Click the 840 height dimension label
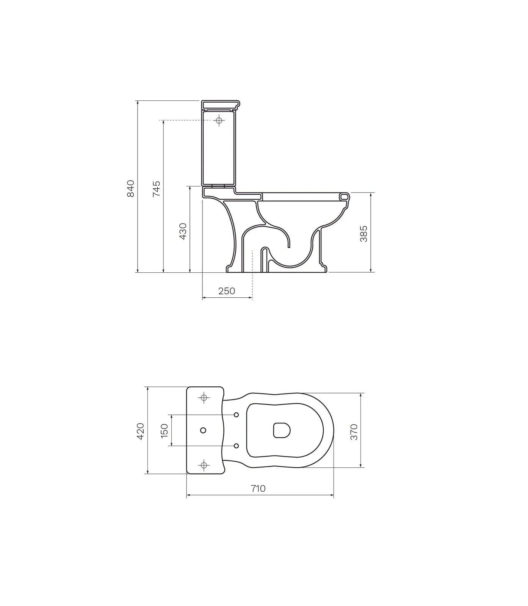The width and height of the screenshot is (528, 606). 130,189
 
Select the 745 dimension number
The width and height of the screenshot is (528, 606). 156,189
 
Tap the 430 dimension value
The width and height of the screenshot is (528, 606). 183,231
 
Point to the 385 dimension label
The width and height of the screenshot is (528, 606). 363,234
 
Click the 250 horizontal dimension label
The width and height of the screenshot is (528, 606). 227,291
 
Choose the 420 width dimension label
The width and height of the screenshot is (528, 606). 140,431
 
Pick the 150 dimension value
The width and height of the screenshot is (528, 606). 165,431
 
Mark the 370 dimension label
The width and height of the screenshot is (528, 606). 354,432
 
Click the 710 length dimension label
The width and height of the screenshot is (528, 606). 258,488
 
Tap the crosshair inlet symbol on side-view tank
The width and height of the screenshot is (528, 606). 219,120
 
